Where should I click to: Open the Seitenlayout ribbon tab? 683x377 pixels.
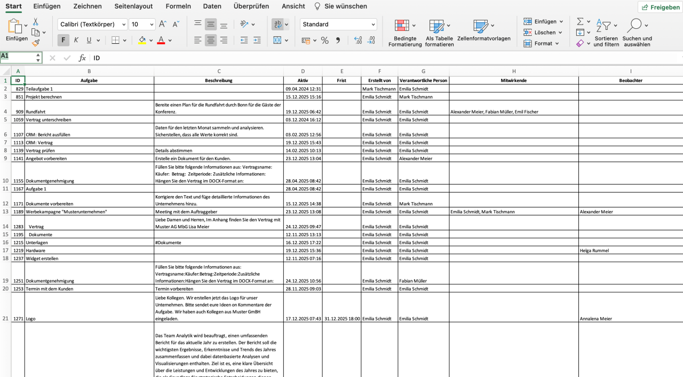(x=133, y=6)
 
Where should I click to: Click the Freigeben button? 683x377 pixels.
(x=660, y=7)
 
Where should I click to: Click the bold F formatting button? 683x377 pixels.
(x=63, y=40)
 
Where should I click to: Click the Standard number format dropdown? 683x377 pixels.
(x=338, y=25)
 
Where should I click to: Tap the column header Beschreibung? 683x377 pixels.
(x=219, y=81)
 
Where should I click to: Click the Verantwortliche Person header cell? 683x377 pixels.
(x=423, y=81)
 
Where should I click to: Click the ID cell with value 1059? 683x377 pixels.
(x=19, y=120)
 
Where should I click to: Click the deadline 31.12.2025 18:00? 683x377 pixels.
(x=341, y=319)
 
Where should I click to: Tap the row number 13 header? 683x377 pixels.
(x=5, y=212)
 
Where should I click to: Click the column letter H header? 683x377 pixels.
(x=514, y=71)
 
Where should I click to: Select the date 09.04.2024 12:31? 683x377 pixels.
(x=303, y=89)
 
